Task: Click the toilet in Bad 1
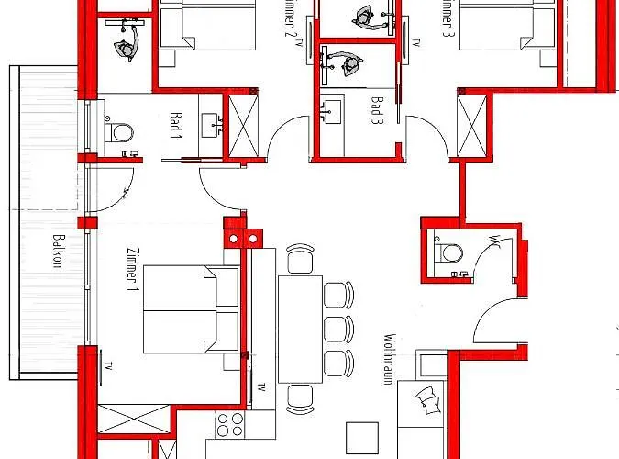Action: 119,132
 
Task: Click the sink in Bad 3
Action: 329,107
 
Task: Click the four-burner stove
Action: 227,425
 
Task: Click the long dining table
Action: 301,326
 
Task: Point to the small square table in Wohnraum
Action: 362,437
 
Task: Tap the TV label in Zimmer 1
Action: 109,365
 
